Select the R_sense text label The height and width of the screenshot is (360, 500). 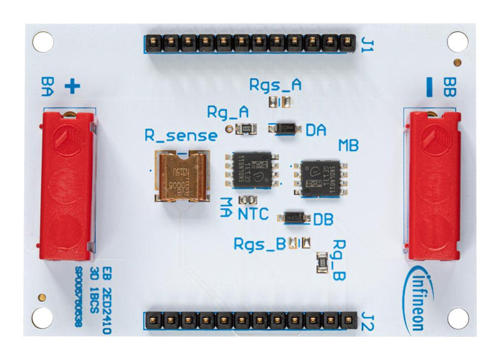coord(181,135)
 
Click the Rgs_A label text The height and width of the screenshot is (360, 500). coord(275,85)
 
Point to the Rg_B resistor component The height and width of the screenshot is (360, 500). coord(321,262)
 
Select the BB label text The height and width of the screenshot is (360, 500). coord(449,87)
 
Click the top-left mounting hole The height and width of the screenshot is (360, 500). coord(42,42)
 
